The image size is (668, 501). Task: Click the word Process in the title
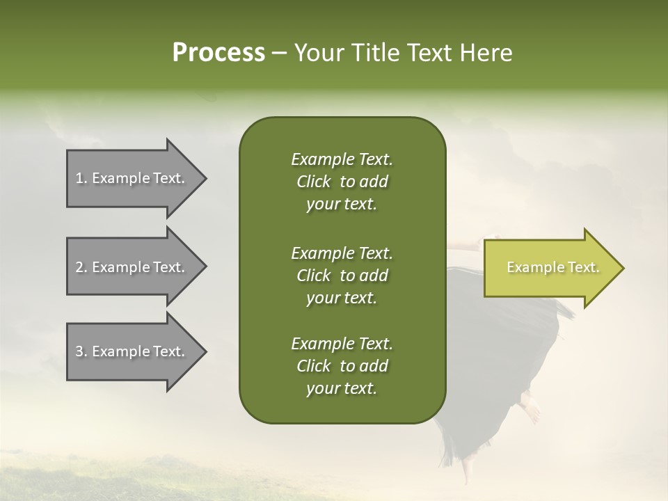218,52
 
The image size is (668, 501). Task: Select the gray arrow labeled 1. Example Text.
137,178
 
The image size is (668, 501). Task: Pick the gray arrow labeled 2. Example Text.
137,267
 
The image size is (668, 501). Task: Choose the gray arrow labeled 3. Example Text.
137,351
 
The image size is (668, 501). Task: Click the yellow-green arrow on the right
554,268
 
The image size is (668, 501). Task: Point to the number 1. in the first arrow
81,178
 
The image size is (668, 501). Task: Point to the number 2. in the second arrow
81,267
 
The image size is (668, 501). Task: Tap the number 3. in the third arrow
81,351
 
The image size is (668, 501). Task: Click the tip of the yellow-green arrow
624,268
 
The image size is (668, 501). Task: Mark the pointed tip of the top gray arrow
207,179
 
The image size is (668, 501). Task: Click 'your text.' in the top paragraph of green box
342,205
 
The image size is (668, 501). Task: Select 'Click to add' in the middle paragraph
342,276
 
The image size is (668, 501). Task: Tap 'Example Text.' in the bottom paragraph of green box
342,343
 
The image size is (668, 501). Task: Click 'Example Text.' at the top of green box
342,159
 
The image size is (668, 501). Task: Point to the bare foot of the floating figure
531,407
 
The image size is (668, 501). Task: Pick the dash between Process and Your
280,54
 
